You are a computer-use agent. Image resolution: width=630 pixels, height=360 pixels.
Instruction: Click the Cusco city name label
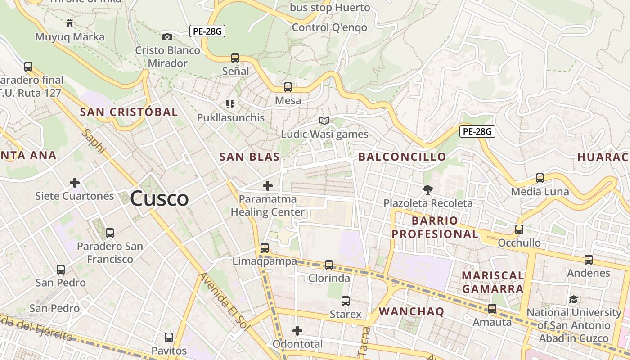pos(159,198)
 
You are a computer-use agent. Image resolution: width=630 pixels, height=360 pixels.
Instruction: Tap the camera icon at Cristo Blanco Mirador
pos(167,37)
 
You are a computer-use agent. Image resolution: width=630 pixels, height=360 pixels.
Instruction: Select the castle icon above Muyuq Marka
pos(70,23)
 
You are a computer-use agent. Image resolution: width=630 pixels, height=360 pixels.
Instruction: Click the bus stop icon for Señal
pos(235,58)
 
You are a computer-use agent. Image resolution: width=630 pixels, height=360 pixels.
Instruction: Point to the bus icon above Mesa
pos(288,87)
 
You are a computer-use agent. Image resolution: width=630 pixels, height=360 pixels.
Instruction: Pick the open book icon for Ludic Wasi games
pos(324,121)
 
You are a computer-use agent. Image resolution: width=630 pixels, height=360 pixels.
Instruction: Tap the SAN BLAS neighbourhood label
pos(249,157)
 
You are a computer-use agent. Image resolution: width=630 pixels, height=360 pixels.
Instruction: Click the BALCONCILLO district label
pos(402,157)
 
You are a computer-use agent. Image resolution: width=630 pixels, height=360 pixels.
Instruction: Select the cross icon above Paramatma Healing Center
pos(268,185)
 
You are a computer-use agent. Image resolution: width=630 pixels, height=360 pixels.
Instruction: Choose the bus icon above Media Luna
pos(540,178)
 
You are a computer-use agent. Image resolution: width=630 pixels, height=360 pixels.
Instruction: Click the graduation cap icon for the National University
pos(573,299)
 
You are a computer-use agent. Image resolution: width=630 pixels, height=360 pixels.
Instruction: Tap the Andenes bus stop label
pos(588,273)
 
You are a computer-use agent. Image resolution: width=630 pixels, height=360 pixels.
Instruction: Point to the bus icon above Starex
pos(346,301)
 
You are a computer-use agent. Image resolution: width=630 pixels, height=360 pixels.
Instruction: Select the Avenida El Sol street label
pos(223,302)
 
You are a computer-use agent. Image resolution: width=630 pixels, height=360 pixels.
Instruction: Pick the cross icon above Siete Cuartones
pos(75,183)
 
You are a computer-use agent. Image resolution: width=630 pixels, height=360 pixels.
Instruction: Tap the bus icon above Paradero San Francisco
pos(110,233)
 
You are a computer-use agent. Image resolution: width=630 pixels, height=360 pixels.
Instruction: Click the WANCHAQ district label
pos(411,311)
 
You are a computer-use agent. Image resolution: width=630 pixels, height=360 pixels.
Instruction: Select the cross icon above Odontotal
pos(297,331)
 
